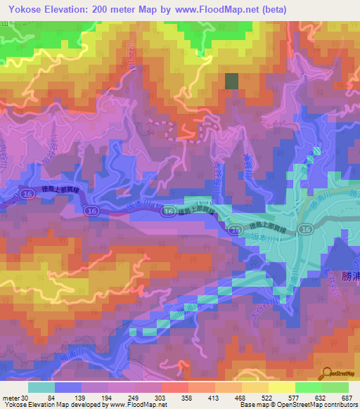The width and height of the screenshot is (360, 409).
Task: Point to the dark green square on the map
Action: pos(231,81)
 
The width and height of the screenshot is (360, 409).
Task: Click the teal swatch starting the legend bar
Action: pos(41,387)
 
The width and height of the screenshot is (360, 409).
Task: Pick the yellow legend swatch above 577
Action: pos(281,387)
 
